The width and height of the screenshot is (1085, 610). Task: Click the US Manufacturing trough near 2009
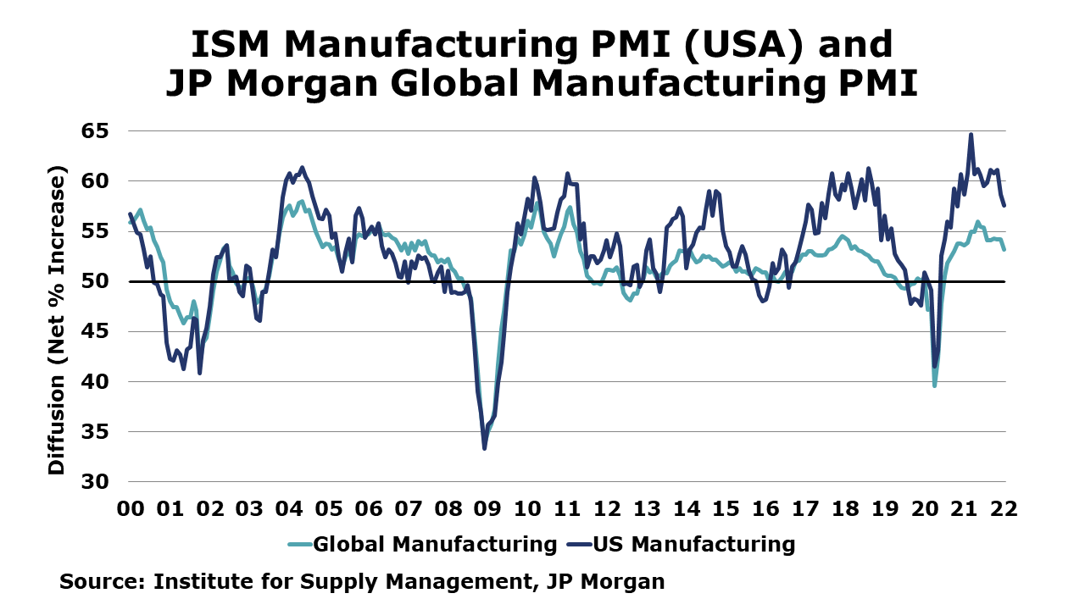(484, 448)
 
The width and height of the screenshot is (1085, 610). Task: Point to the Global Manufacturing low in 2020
(934, 385)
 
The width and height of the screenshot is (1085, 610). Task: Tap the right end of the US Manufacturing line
(1004, 205)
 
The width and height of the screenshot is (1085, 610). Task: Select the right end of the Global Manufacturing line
(1004, 249)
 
